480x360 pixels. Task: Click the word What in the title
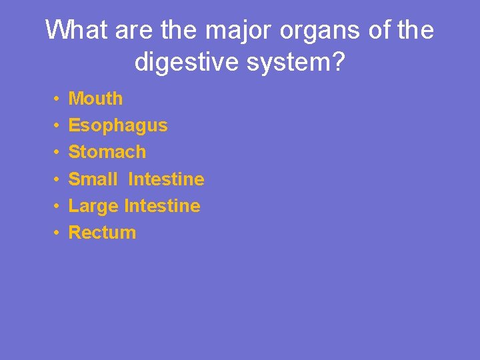[72, 30]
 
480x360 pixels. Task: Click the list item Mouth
[95, 99]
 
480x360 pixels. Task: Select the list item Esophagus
[118, 126]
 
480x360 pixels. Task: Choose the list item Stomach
[107, 152]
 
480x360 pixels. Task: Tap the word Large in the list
[94, 207]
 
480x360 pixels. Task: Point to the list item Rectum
[102, 233]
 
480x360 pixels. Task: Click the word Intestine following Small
[166, 179]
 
